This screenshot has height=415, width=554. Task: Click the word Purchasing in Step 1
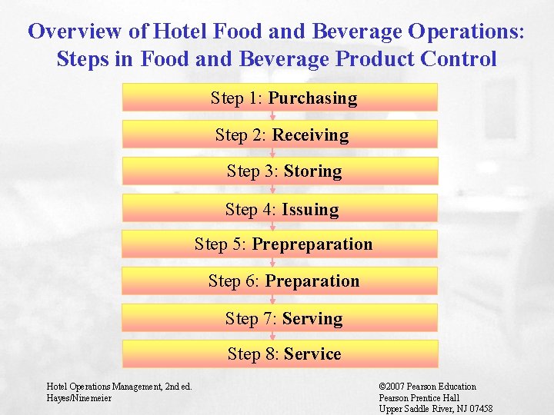pyautogui.click(x=312, y=98)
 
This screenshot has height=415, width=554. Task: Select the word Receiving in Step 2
pyautogui.click(x=310, y=135)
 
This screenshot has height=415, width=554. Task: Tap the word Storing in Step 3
pyautogui.click(x=312, y=171)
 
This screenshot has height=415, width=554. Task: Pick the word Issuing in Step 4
pyautogui.click(x=310, y=209)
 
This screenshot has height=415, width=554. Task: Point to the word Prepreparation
pyautogui.click(x=312, y=244)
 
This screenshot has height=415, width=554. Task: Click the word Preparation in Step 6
pyautogui.click(x=312, y=281)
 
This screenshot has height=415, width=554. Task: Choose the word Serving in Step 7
pyautogui.click(x=312, y=318)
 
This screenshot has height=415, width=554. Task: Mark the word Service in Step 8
pyautogui.click(x=312, y=354)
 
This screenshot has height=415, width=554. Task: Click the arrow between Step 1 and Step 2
pyautogui.click(x=272, y=116)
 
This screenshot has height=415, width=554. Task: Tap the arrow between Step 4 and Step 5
pyautogui.click(x=272, y=226)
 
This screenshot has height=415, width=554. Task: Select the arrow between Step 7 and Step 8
pyautogui.click(x=272, y=336)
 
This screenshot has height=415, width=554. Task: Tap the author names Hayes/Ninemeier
pyautogui.click(x=79, y=398)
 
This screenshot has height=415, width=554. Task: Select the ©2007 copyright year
pyautogui.click(x=393, y=387)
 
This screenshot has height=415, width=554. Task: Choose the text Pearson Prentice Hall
pyautogui.click(x=419, y=398)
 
